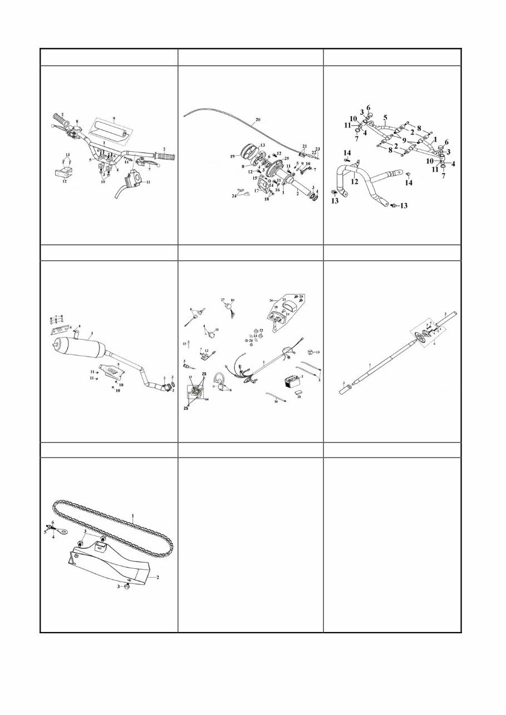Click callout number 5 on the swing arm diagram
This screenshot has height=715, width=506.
coord(385,117)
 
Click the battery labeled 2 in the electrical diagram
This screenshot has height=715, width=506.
coord(292,383)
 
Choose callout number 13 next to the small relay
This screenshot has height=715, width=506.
coord(318,352)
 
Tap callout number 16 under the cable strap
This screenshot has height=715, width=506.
coord(276,401)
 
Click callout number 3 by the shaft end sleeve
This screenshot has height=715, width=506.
coord(344,384)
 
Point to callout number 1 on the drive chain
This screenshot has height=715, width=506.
coord(132,516)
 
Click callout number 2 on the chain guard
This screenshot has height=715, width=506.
coord(158,577)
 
